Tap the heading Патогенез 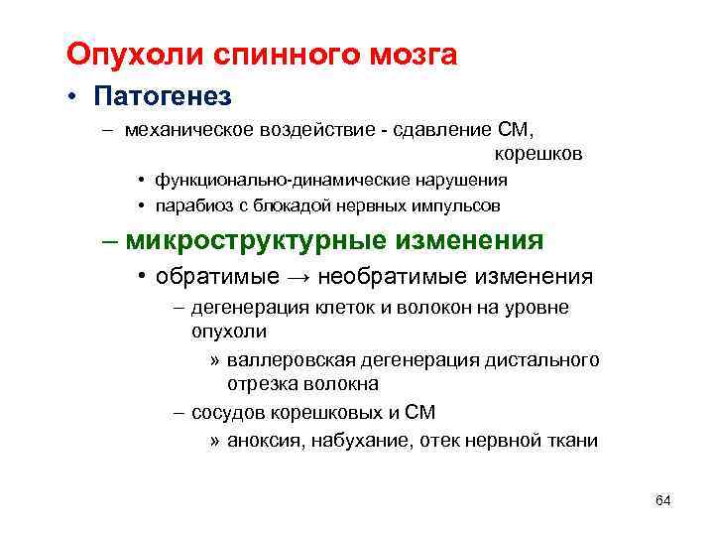[163, 97]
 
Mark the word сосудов [227, 412]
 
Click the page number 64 [663, 498]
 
